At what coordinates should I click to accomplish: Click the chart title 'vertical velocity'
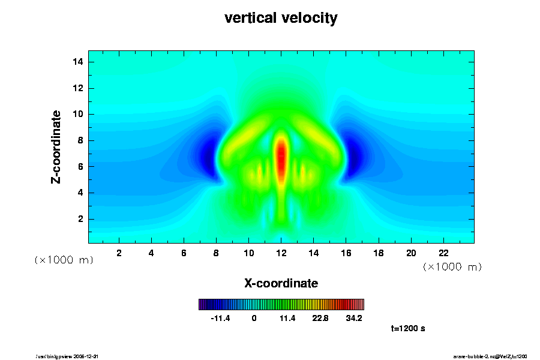281,18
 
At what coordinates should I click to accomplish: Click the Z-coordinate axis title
56,146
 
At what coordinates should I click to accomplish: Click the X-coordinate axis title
281,283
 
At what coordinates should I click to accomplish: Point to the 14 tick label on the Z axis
78,62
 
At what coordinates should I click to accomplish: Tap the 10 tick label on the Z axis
78,114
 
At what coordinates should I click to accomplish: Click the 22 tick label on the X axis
443,253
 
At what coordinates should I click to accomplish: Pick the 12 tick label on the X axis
281,253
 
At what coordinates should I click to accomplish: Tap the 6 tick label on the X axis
184,253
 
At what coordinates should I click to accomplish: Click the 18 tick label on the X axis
379,253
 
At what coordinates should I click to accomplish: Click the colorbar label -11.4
220,318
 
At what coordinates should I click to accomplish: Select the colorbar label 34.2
354,318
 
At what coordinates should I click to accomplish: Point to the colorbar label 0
254,318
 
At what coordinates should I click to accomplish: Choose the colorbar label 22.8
320,318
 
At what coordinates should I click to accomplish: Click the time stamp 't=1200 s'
408,329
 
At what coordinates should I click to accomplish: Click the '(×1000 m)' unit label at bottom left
63,260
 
